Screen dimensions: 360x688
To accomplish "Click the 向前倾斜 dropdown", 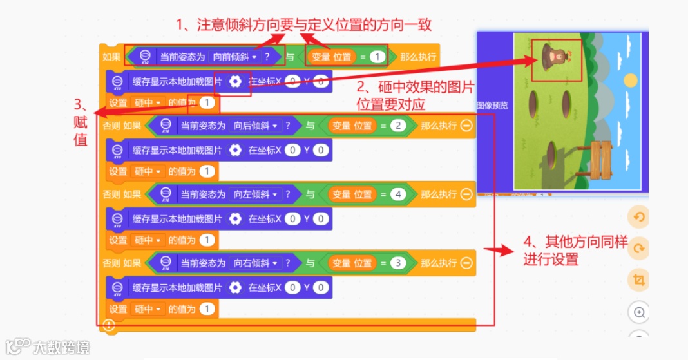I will pos(236,57).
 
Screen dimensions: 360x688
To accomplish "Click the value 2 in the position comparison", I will pos(397,126).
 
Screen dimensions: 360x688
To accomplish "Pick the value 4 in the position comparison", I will pos(397,194).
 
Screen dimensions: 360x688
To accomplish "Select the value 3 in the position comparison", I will pos(397,263).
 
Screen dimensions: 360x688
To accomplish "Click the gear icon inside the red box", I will pos(236,81).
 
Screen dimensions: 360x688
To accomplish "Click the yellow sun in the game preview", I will pos(629,81).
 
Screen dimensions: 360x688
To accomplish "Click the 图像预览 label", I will pos(493,105).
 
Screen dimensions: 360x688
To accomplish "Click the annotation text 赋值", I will pos(81,132).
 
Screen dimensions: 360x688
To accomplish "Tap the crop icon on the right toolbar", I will pos(639,280).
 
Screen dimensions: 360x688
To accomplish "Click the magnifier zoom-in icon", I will pos(639,312).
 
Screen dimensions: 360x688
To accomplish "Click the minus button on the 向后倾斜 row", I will pos(466,126).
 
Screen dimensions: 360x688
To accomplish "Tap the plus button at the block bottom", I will pos(109,325).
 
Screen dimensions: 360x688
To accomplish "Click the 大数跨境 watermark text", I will pos(61,348).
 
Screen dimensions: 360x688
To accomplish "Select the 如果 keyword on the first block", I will pos(111,57).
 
